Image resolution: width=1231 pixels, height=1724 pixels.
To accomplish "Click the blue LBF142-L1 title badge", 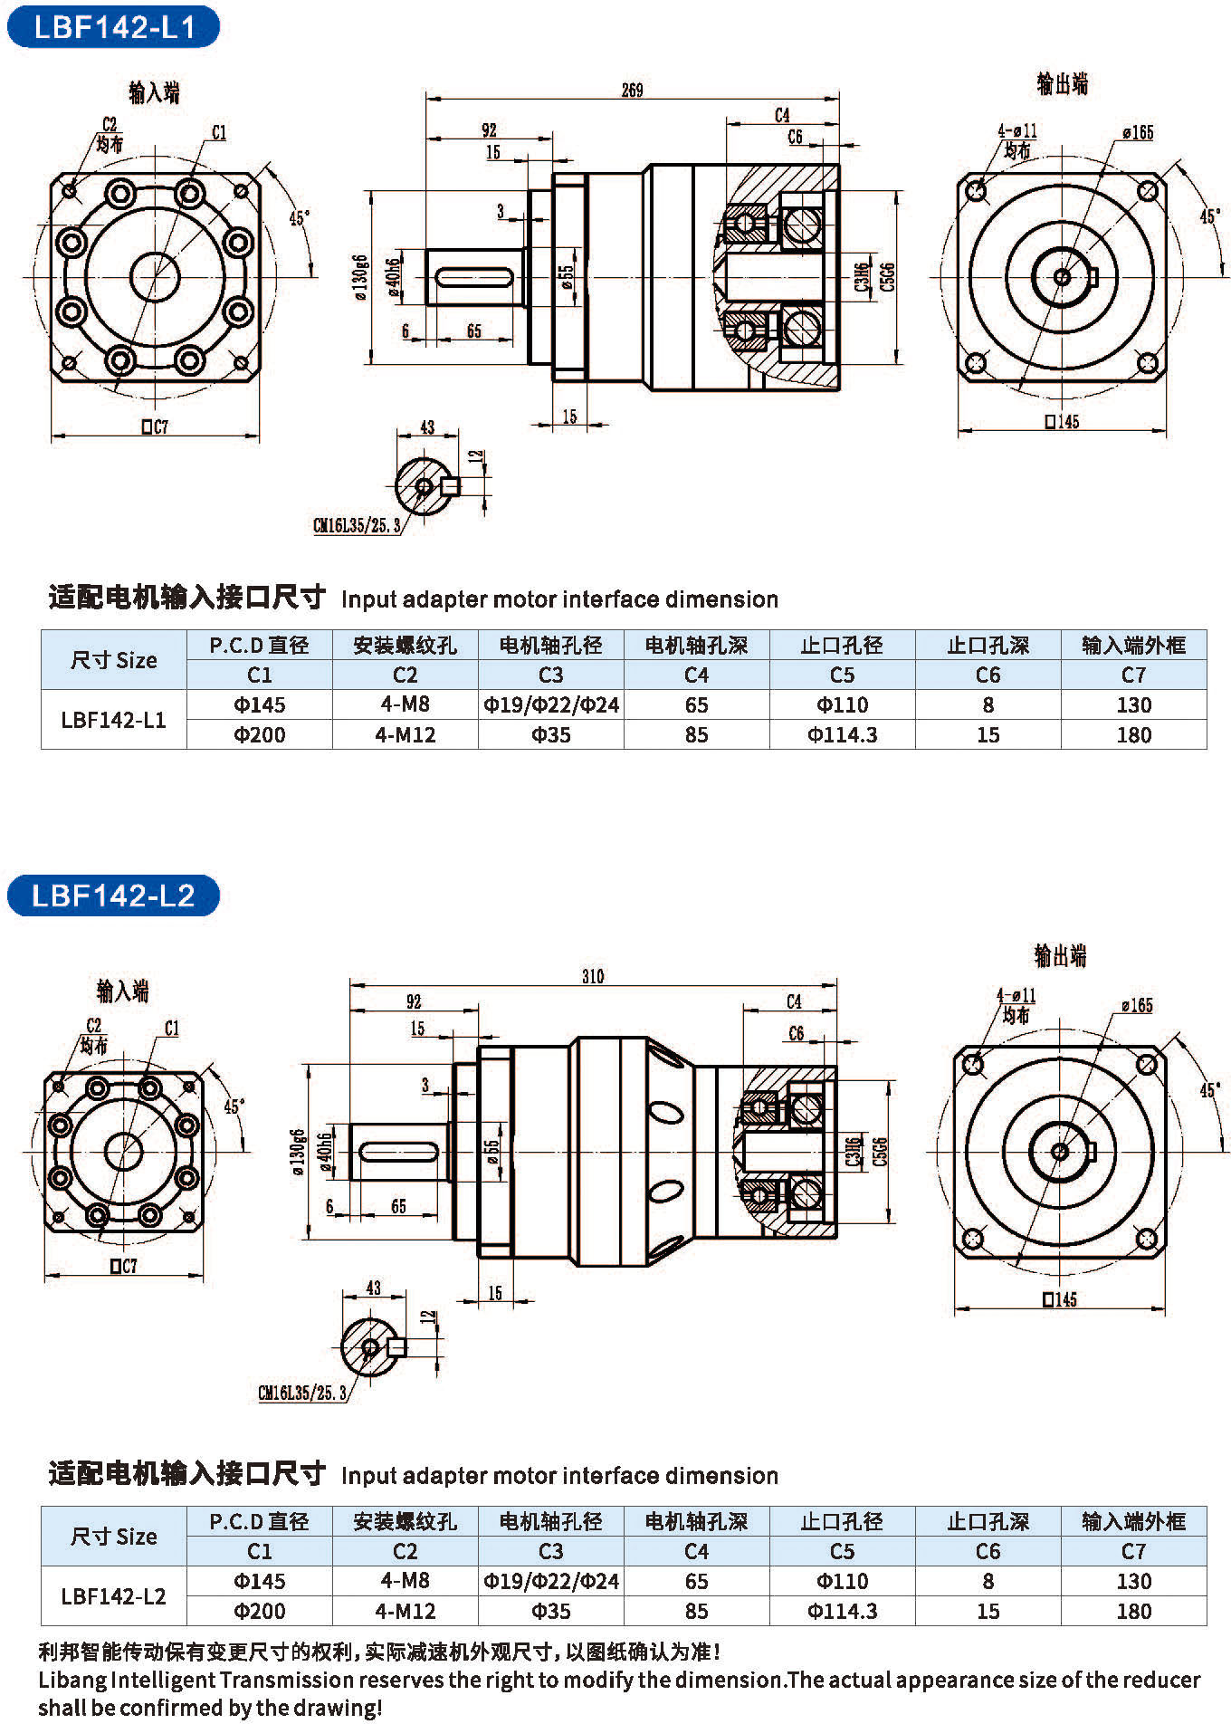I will (113, 27).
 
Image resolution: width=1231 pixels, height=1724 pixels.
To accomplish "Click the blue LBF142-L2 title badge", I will (113, 896).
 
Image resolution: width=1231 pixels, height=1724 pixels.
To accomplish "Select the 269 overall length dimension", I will (632, 91).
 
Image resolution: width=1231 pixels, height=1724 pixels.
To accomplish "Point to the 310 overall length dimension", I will (593, 976).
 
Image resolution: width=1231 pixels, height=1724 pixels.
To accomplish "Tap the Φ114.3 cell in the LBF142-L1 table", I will (842, 734).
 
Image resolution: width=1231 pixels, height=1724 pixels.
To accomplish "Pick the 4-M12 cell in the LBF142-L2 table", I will (405, 1611).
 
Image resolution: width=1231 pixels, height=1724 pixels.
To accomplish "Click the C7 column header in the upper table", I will (1133, 675).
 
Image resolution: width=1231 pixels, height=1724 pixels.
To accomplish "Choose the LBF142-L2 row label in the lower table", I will (113, 1595).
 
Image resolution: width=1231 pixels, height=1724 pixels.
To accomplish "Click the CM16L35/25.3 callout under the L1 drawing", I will (357, 526).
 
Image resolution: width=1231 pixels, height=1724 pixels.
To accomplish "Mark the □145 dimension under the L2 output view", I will (1060, 1299).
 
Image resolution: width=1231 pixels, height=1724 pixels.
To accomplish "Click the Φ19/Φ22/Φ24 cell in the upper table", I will (550, 704).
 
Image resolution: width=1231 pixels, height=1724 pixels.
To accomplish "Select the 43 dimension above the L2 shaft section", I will (373, 1288).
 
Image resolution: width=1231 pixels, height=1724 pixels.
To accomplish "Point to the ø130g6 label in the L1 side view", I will (361, 277).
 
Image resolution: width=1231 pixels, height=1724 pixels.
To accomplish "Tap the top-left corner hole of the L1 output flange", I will (977, 191).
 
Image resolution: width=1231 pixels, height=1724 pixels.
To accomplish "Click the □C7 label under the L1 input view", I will (155, 426).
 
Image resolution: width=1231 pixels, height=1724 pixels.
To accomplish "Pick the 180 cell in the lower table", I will (1133, 1611).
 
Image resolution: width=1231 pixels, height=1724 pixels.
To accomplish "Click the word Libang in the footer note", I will (72, 1681).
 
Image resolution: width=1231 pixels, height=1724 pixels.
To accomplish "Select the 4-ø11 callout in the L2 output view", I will (1016, 996).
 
